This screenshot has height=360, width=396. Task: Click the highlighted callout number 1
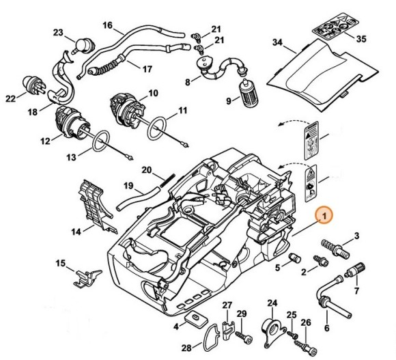(326, 216)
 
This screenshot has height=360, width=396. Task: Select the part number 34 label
(277, 42)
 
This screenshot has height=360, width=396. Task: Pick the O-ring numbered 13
(101, 142)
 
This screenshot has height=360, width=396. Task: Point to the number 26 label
(306, 323)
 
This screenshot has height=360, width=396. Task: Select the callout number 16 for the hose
(107, 25)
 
